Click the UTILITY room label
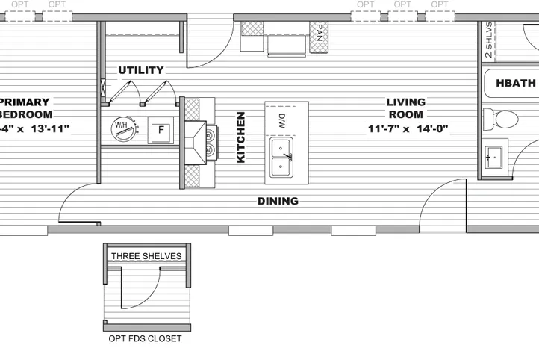coord(140,70)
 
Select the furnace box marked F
coord(160,129)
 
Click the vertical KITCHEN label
coord(240,137)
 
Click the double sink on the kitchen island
coord(281,156)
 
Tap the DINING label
coord(278,201)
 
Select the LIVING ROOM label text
coord(405,108)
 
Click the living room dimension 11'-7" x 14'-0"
coord(407,128)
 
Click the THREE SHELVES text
coord(146,256)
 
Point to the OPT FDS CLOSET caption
coord(145,338)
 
